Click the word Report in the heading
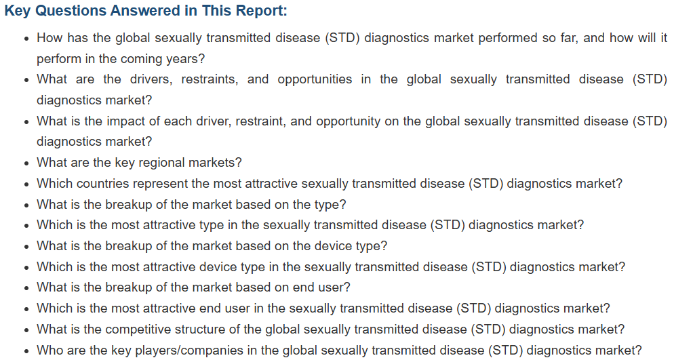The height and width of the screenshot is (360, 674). click(x=263, y=10)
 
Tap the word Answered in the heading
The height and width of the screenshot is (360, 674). click(x=146, y=10)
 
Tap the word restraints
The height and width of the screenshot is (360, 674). click(x=210, y=79)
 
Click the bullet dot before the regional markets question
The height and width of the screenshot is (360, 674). click(x=27, y=163)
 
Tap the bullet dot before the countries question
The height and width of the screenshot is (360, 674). click(x=27, y=184)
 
